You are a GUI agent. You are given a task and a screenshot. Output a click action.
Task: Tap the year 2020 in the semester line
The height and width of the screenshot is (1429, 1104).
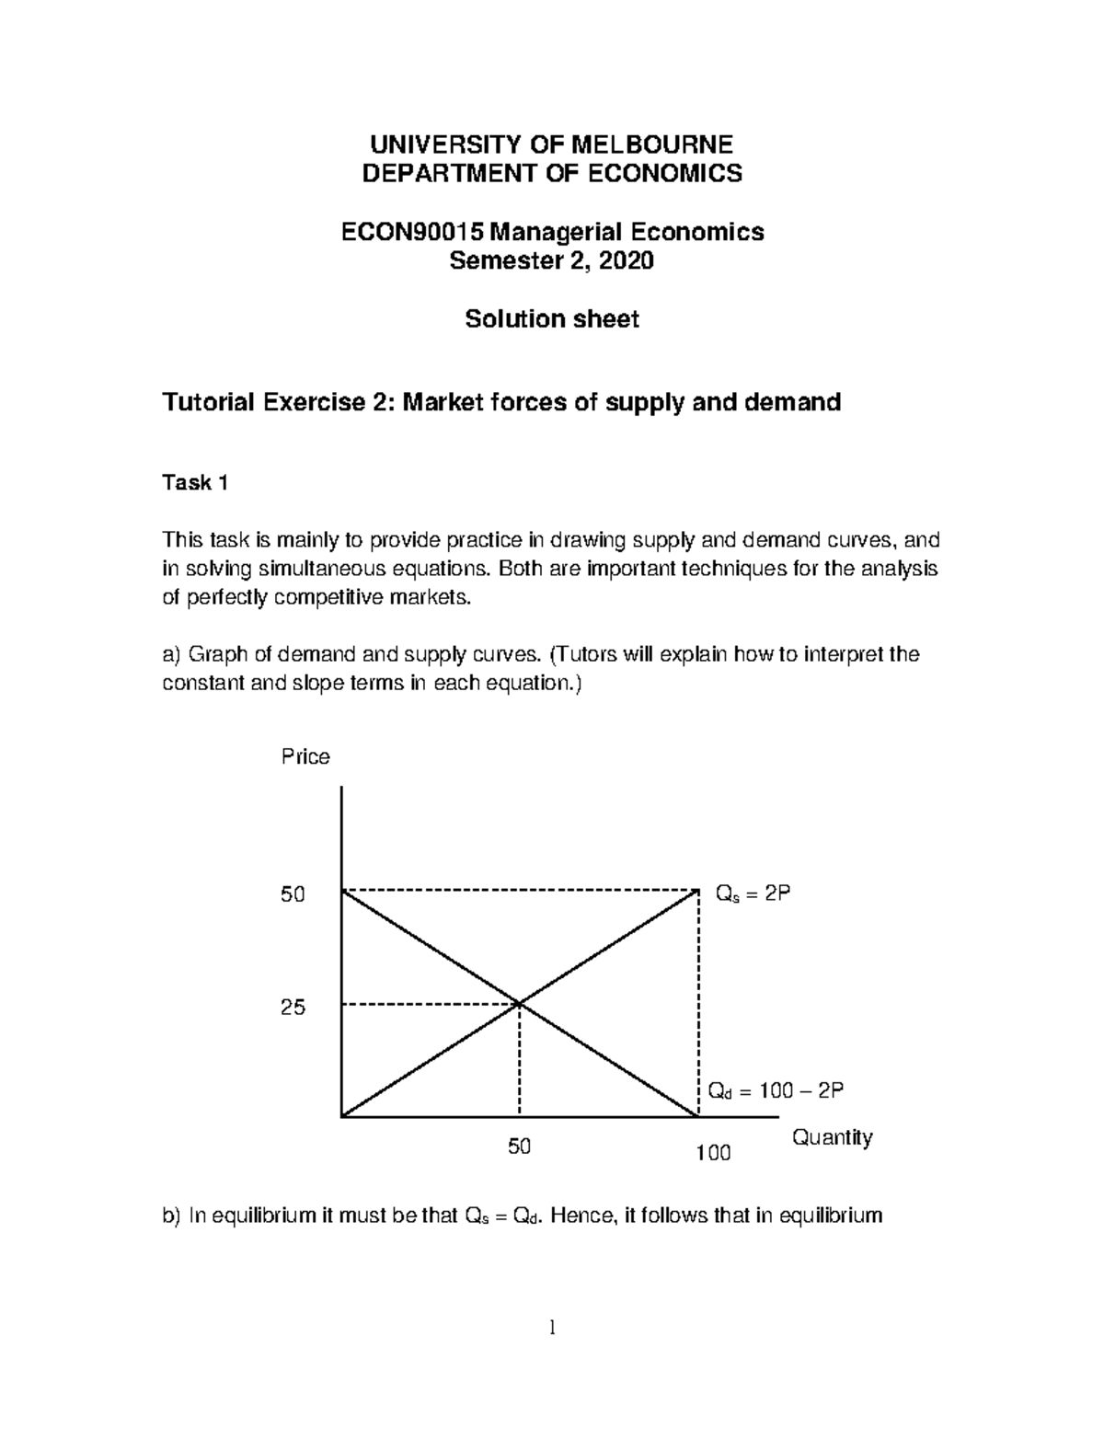point(626,261)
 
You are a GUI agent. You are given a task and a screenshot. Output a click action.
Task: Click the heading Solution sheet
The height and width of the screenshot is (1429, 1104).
point(551,319)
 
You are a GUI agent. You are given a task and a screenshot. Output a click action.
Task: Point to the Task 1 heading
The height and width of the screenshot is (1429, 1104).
point(194,483)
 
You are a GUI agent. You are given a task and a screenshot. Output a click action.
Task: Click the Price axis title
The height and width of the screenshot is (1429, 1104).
point(305,756)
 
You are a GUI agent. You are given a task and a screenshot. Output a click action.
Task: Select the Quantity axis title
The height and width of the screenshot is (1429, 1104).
point(832,1138)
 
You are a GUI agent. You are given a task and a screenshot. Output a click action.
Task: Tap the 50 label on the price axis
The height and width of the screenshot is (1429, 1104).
point(293,894)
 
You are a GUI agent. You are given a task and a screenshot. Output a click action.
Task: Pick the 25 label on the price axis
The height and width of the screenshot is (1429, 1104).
point(293,1008)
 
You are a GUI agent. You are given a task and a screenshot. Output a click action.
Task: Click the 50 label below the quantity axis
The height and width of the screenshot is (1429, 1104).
point(520,1147)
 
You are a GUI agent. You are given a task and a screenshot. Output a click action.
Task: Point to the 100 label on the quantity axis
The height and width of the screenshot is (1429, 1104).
point(713,1153)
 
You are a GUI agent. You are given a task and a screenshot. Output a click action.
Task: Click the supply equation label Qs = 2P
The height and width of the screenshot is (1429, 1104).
point(753,894)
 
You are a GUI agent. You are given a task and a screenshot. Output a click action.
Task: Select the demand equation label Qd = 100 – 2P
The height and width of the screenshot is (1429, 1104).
point(775,1091)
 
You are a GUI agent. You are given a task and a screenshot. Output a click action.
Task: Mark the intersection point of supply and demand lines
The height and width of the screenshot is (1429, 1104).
point(520,1004)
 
